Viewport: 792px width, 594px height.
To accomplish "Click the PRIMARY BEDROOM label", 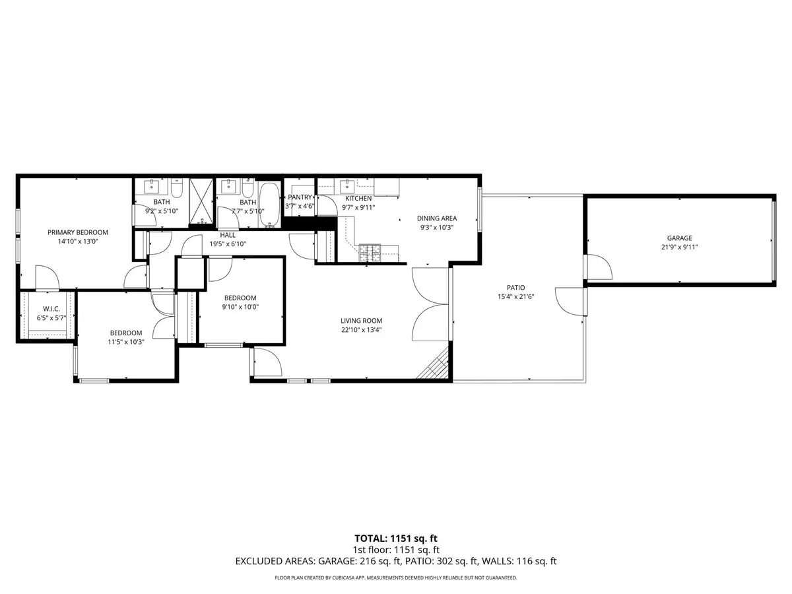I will coord(77,232).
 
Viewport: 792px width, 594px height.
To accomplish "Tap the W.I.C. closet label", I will coord(52,309).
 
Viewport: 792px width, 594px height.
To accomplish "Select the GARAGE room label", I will coord(679,238).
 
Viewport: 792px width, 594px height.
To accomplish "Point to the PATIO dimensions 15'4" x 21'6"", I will coord(515,296).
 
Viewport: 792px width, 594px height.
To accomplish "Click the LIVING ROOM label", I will coord(362,321).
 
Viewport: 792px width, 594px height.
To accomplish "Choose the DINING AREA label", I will coord(436,218).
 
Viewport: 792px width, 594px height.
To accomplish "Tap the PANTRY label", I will coord(300,197).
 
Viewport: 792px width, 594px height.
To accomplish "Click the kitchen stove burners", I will coord(369,251).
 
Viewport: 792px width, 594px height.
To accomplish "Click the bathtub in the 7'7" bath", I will coord(269,205).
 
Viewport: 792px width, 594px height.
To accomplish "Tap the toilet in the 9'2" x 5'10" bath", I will coord(176,185).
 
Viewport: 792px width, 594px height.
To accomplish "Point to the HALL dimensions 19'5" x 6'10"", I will coord(228,244).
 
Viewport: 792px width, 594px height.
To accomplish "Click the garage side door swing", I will coord(599,267).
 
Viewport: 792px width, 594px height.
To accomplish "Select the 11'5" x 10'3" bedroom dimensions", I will coord(125,342).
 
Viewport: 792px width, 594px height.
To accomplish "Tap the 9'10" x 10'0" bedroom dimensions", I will coord(240,306).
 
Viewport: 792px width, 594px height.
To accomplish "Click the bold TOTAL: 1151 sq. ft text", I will coord(396,538).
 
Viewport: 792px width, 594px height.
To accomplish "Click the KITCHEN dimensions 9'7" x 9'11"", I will coord(358,207).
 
